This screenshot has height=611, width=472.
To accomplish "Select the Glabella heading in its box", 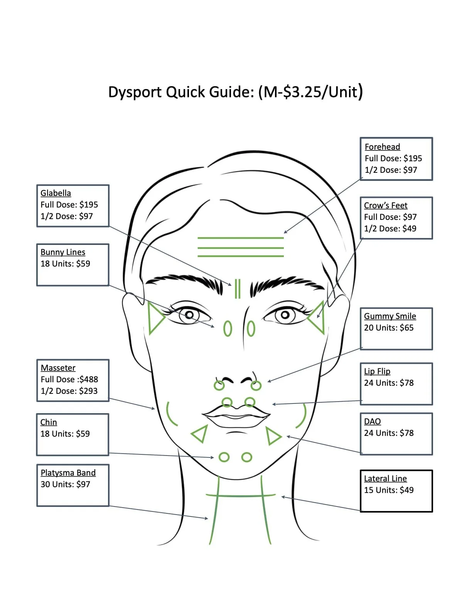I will (x=56, y=193).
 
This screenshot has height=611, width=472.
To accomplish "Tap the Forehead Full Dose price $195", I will (x=413, y=159).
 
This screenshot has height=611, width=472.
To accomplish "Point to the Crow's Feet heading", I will (x=386, y=206).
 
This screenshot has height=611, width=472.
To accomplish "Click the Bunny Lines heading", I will (x=63, y=252).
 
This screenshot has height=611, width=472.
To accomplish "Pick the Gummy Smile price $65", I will (x=406, y=328).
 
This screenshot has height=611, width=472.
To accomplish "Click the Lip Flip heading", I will (x=377, y=371).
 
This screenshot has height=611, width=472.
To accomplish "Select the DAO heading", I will (x=372, y=422).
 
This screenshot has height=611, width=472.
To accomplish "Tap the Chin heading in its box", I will (x=49, y=422).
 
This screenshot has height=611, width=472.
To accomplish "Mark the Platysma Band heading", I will (x=68, y=473).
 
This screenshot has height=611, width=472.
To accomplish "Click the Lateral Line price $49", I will (x=406, y=490).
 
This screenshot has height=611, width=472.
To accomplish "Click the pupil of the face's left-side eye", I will (x=189, y=315).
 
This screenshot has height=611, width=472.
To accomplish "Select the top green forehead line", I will (x=240, y=238).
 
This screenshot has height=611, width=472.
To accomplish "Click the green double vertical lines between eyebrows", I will (x=238, y=289).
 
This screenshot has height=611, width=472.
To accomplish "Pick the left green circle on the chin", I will (x=224, y=457).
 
